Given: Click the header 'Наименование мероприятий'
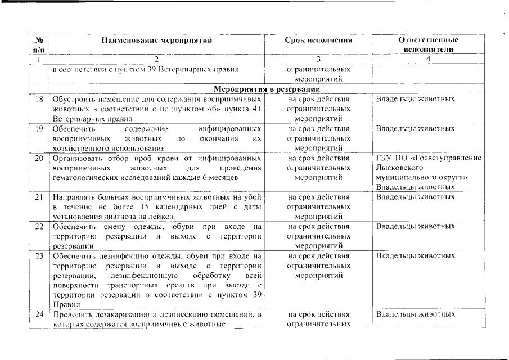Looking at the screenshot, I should pyautogui.click(x=157, y=40).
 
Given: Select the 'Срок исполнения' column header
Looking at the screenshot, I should pyautogui.click(x=318, y=40).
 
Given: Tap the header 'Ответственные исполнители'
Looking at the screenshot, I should pyautogui.click(x=428, y=45).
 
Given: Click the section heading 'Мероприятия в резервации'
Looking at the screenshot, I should pyautogui.click(x=267, y=89).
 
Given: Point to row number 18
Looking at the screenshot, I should pyautogui.click(x=39, y=99).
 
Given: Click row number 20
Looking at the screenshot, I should pyautogui.click(x=39, y=158).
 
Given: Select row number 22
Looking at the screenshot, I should pyautogui.click(x=39, y=227).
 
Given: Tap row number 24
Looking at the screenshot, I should pyautogui.click(x=39, y=314).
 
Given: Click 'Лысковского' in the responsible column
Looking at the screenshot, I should pyautogui.click(x=395, y=168).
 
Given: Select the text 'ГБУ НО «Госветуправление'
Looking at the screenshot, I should pyautogui.click(x=428, y=158).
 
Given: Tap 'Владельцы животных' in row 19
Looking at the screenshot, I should pyautogui.click(x=415, y=129).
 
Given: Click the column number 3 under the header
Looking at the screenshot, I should pyautogui.click(x=318, y=59).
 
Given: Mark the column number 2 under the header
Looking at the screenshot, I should pyautogui.click(x=157, y=59).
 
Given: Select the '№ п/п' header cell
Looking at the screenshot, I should pyautogui.click(x=39, y=45).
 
